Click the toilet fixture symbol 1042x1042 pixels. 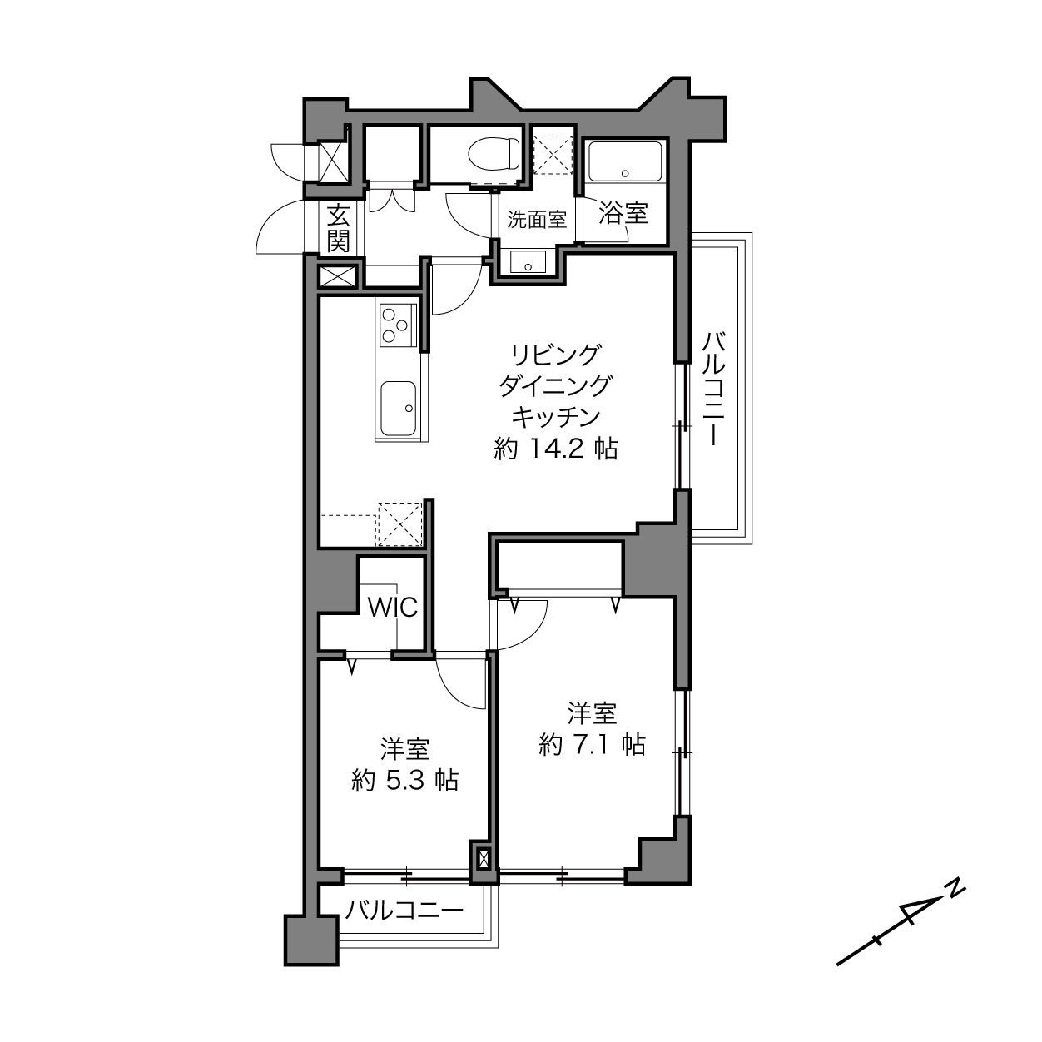click(494, 154)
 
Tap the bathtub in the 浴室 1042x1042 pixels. click(624, 161)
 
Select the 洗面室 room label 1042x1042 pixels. click(536, 220)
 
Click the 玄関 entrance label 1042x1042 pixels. click(339, 228)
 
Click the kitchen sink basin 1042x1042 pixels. click(399, 408)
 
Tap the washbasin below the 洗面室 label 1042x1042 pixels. click(528, 261)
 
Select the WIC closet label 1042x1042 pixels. click(393, 608)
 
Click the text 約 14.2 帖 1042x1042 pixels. click(556, 449)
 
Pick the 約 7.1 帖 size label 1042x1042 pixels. click(592, 745)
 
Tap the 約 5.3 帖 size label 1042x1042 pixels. click(405, 781)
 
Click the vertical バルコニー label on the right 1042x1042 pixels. click(714, 390)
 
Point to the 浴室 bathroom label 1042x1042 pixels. click(623, 213)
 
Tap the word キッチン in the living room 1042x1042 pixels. click(556, 418)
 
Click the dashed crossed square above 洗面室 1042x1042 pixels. click(552, 155)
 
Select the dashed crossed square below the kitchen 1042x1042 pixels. click(400, 524)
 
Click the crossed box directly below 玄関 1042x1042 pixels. click(339, 277)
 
